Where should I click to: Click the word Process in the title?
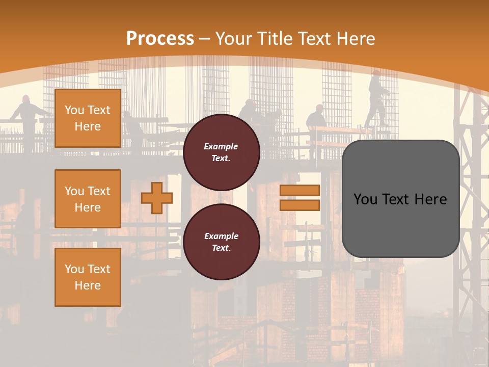160,38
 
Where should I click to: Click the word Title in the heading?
275,38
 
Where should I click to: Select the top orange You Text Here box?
88,118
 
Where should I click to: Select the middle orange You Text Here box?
88,199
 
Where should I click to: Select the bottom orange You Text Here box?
88,277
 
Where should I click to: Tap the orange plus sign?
157,198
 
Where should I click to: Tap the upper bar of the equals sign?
300,191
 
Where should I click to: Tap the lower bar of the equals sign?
300,205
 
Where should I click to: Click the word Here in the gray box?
430,199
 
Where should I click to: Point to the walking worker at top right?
377,99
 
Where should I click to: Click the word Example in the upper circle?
221,146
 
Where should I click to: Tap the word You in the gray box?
365,199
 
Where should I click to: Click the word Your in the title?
234,38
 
